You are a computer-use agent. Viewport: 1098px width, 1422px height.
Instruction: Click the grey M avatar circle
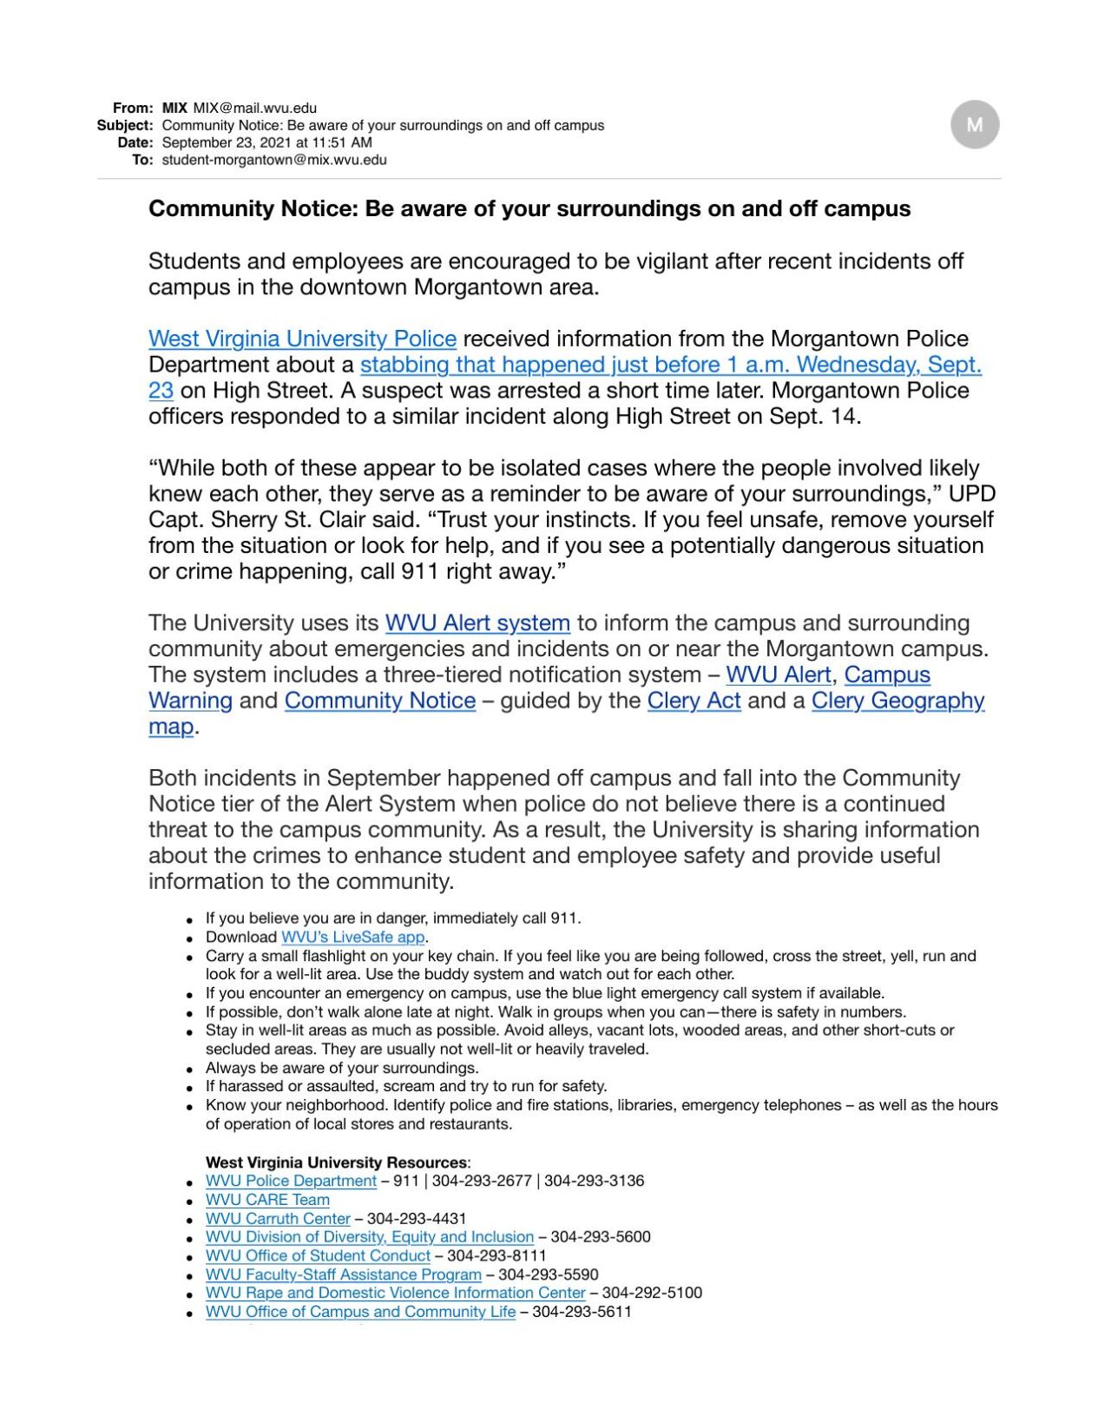pyautogui.click(x=974, y=124)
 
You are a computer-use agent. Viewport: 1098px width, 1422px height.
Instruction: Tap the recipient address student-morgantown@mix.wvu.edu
pyautogui.click(x=274, y=160)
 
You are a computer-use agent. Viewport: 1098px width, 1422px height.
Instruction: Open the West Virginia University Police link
pyautogui.click(x=302, y=339)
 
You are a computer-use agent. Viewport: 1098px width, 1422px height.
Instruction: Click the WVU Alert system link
pyautogui.click(x=477, y=623)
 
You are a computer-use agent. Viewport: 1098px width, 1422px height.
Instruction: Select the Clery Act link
pyautogui.click(x=694, y=701)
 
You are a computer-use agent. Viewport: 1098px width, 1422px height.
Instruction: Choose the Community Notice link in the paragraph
pyautogui.click(x=379, y=701)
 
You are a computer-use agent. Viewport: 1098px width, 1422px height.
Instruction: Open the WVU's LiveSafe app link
pyautogui.click(x=352, y=938)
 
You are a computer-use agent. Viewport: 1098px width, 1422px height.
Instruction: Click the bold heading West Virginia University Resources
pyautogui.click(x=336, y=1162)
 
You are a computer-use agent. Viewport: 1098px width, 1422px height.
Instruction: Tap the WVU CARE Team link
pyautogui.click(x=267, y=1200)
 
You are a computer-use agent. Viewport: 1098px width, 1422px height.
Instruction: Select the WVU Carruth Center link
pyautogui.click(x=278, y=1219)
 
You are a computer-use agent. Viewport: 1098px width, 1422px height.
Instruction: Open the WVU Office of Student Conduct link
pyautogui.click(x=318, y=1256)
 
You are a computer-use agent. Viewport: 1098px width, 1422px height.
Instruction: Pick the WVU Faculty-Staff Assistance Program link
pyautogui.click(x=343, y=1274)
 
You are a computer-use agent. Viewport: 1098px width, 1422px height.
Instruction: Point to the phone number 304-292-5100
pyautogui.click(x=652, y=1293)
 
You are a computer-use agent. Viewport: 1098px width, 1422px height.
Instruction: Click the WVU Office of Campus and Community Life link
pyautogui.click(x=360, y=1312)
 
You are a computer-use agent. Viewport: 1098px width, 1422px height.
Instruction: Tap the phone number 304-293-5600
pyautogui.click(x=601, y=1237)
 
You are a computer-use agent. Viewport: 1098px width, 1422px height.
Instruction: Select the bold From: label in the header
pyautogui.click(x=133, y=109)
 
